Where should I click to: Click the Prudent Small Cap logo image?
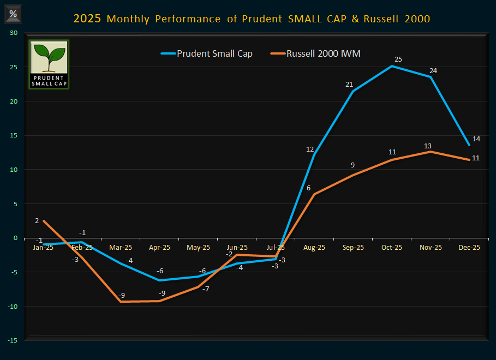(49, 64)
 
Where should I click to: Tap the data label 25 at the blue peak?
(398, 58)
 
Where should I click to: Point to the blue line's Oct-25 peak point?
(392, 66)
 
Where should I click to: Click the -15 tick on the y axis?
(13, 340)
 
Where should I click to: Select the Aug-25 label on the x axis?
(314, 247)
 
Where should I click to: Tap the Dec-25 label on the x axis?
(469, 247)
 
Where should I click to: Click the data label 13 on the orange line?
(428, 146)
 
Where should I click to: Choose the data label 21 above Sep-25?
(350, 84)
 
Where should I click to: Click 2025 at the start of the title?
(87, 19)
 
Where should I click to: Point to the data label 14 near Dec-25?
(476, 139)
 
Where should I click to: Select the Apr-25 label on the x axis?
(159, 247)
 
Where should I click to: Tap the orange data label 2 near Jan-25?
(37, 220)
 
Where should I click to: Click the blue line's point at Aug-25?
(314, 155)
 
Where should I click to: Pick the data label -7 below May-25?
(206, 289)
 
